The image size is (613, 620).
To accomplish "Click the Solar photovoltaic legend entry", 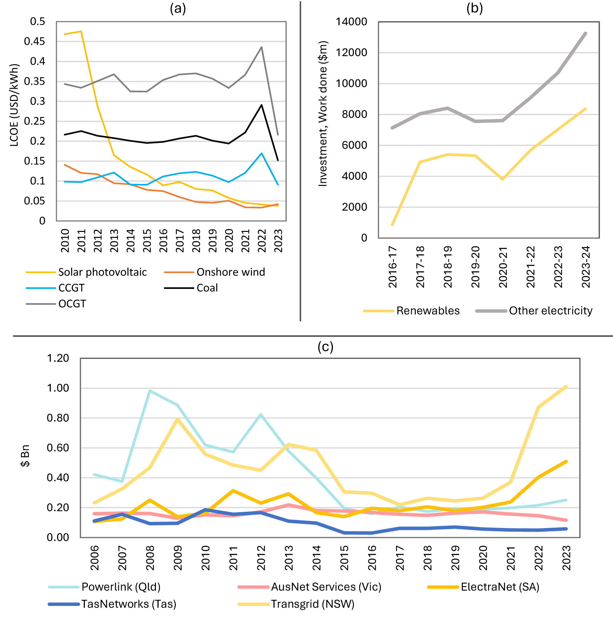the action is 86,272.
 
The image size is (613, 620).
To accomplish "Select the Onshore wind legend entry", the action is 214,272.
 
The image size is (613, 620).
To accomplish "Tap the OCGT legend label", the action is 72,304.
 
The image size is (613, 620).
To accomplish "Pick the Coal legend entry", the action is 191,288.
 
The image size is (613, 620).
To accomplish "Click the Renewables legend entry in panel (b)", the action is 412,311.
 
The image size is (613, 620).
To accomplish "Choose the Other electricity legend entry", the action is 534,311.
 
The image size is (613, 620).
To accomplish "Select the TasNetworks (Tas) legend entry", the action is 112,604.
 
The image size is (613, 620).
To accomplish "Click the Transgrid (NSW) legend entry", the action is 296,604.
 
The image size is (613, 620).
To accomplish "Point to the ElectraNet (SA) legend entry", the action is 483,587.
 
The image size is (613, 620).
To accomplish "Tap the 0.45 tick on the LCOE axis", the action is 35,41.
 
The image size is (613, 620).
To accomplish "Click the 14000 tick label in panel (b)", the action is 351,22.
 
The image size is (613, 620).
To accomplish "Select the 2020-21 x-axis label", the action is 503,267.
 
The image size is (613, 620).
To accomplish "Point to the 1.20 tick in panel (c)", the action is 58,358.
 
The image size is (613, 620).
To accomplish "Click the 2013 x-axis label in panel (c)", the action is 289,558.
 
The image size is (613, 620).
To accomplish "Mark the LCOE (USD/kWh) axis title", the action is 14,105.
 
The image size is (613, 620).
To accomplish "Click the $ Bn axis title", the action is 25,456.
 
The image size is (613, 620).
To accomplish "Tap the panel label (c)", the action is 325,347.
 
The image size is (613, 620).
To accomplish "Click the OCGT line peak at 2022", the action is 261,47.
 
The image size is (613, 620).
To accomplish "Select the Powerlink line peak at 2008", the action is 149,391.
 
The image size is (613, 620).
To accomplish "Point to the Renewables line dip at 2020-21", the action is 503,179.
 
